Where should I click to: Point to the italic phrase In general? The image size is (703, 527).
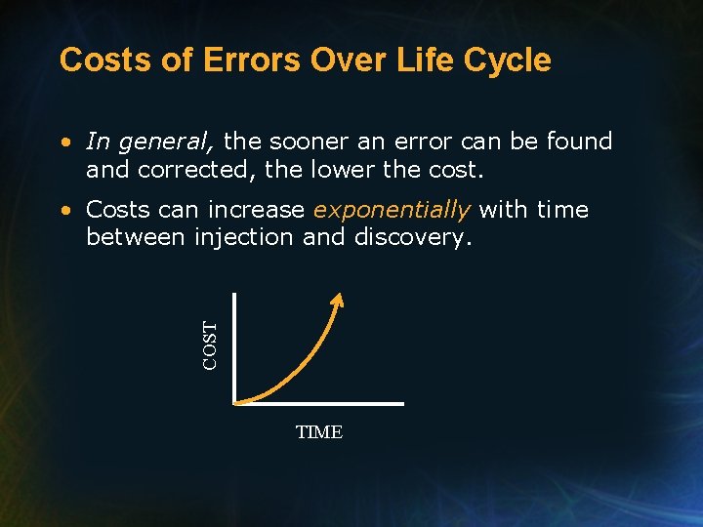[150, 142]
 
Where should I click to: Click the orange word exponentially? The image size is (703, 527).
[392, 210]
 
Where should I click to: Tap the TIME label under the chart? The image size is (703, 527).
[319, 432]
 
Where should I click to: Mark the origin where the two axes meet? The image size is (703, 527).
[234, 402]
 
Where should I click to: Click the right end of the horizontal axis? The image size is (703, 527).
[402, 402]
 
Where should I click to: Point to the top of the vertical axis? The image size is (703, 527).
[234, 293]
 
